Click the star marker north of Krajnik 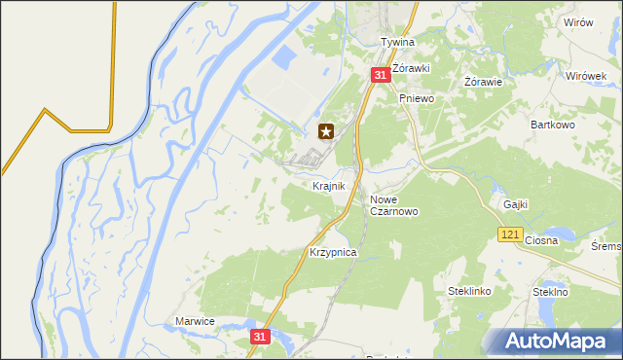pos(326,131)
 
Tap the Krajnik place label pos(329,185)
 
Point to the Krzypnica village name pos(333,252)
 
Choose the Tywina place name pos(397,43)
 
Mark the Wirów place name pos(578,22)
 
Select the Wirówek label pos(586,75)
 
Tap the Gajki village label pos(516,204)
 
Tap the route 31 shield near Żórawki pos(379,74)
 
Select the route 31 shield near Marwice pos(258,336)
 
